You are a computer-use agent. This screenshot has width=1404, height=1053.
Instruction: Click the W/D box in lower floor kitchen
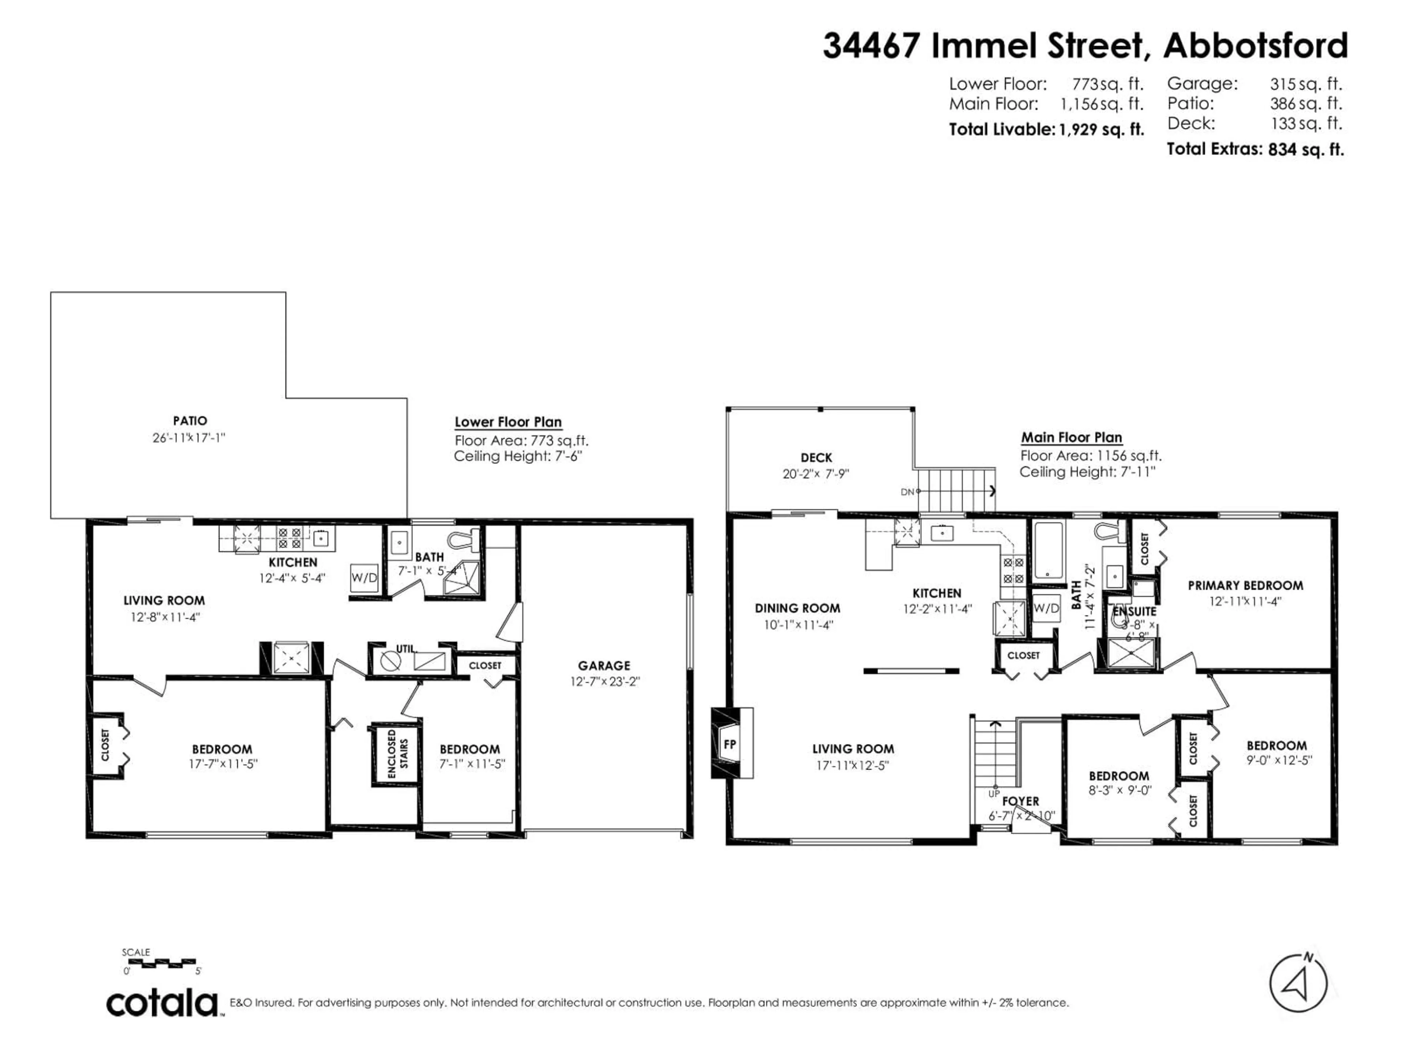[x=364, y=578]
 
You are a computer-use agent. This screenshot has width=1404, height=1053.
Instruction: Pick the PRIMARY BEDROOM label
[x=1245, y=586]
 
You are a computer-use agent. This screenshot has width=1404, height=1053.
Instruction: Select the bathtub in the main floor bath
[x=1048, y=551]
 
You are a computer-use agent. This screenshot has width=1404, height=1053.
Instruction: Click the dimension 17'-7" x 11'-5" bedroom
[x=223, y=764]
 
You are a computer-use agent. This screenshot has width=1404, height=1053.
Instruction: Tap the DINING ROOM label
[x=797, y=608]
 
